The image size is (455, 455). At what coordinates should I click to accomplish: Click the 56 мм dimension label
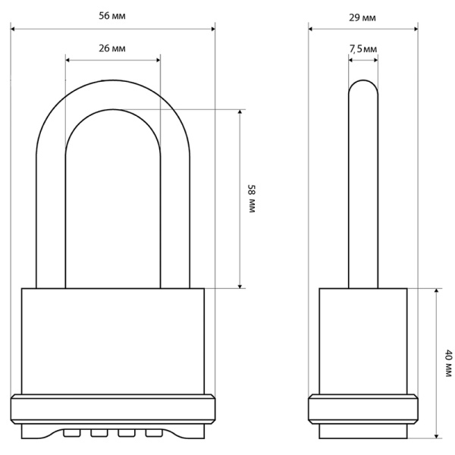[112, 16]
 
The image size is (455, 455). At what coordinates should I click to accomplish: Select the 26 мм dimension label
[112, 49]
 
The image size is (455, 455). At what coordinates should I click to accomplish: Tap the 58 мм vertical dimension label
[252, 199]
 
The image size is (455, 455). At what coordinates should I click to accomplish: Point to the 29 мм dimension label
[362, 18]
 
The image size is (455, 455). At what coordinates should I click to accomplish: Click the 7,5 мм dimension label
[363, 49]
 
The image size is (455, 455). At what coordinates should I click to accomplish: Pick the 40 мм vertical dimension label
[448, 363]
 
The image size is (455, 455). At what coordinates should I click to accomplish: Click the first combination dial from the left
[72, 433]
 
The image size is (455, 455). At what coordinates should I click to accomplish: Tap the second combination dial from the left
[99, 433]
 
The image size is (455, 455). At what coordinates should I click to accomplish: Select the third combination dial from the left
[127, 433]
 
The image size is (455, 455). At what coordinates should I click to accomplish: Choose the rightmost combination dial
[154, 433]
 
